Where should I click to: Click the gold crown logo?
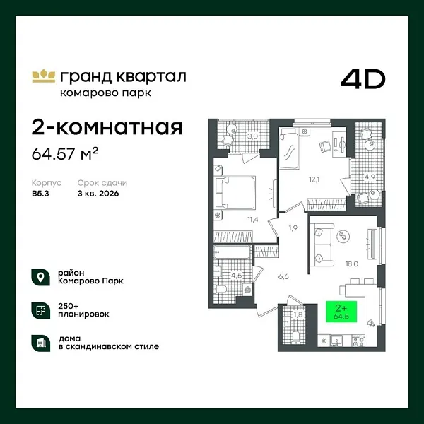click(43, 75)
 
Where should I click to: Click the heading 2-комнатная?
click(107, 127)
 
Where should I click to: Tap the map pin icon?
click(40, 276)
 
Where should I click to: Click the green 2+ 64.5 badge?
click(341, 312)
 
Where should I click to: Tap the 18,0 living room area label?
click(351, 264)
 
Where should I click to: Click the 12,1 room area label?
click(313, 179)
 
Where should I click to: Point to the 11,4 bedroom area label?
click(252, 218)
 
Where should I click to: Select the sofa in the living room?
click(322, 242)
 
